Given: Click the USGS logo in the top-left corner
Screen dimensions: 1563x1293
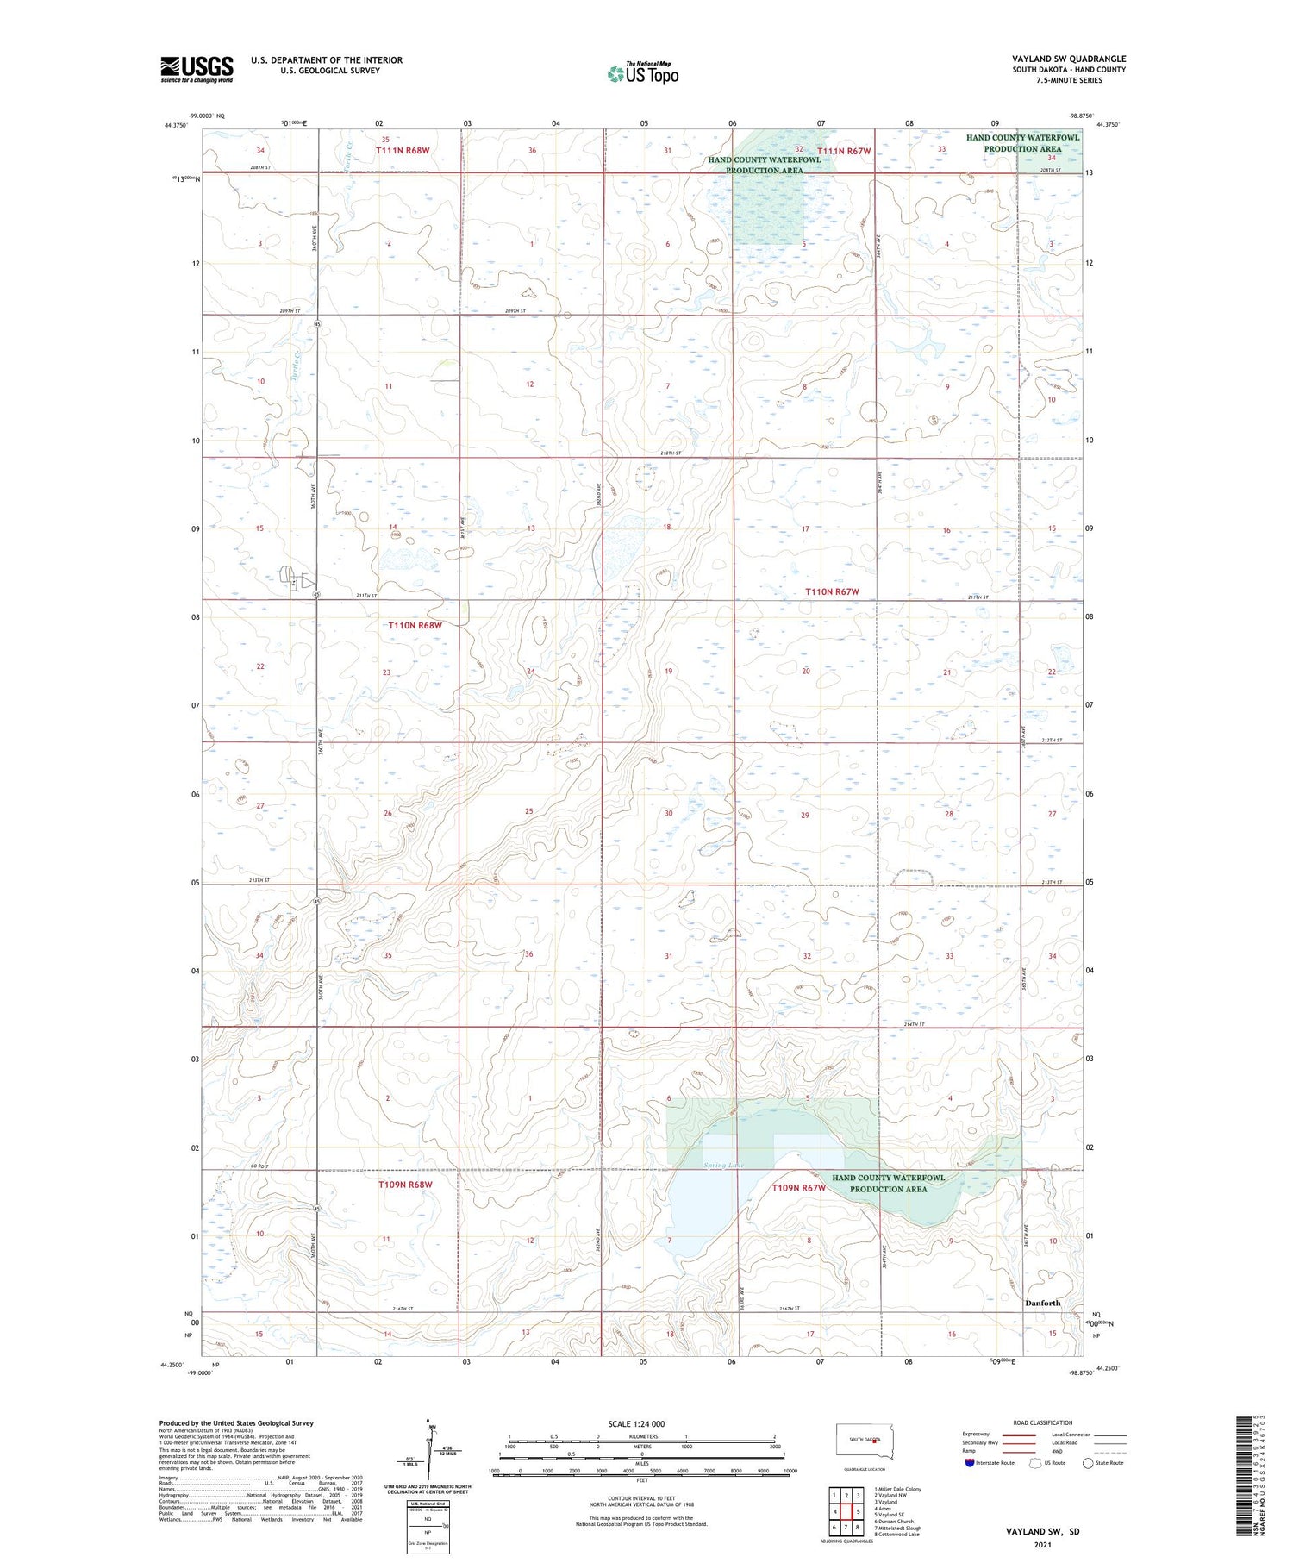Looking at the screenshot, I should (197, 69).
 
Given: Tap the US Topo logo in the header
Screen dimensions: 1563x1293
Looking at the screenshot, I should (642, 74).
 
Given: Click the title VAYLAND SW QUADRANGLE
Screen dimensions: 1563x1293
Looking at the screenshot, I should (1069, 59).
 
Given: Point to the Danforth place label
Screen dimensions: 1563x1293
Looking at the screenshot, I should (1042, 1303).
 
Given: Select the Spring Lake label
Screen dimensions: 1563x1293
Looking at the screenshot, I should (723, 1166).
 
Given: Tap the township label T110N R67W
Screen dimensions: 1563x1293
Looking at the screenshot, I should (832, 591).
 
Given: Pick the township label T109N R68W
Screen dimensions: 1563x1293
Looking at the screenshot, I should (405, 1185).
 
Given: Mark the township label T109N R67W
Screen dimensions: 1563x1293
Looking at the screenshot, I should (798, 1188).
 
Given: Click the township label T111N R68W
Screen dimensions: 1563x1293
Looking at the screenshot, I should (402, 150).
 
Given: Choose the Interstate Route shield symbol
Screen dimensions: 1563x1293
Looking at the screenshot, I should (970, 1463).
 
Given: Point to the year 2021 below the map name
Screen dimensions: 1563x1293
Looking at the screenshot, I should (1042, 1545).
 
